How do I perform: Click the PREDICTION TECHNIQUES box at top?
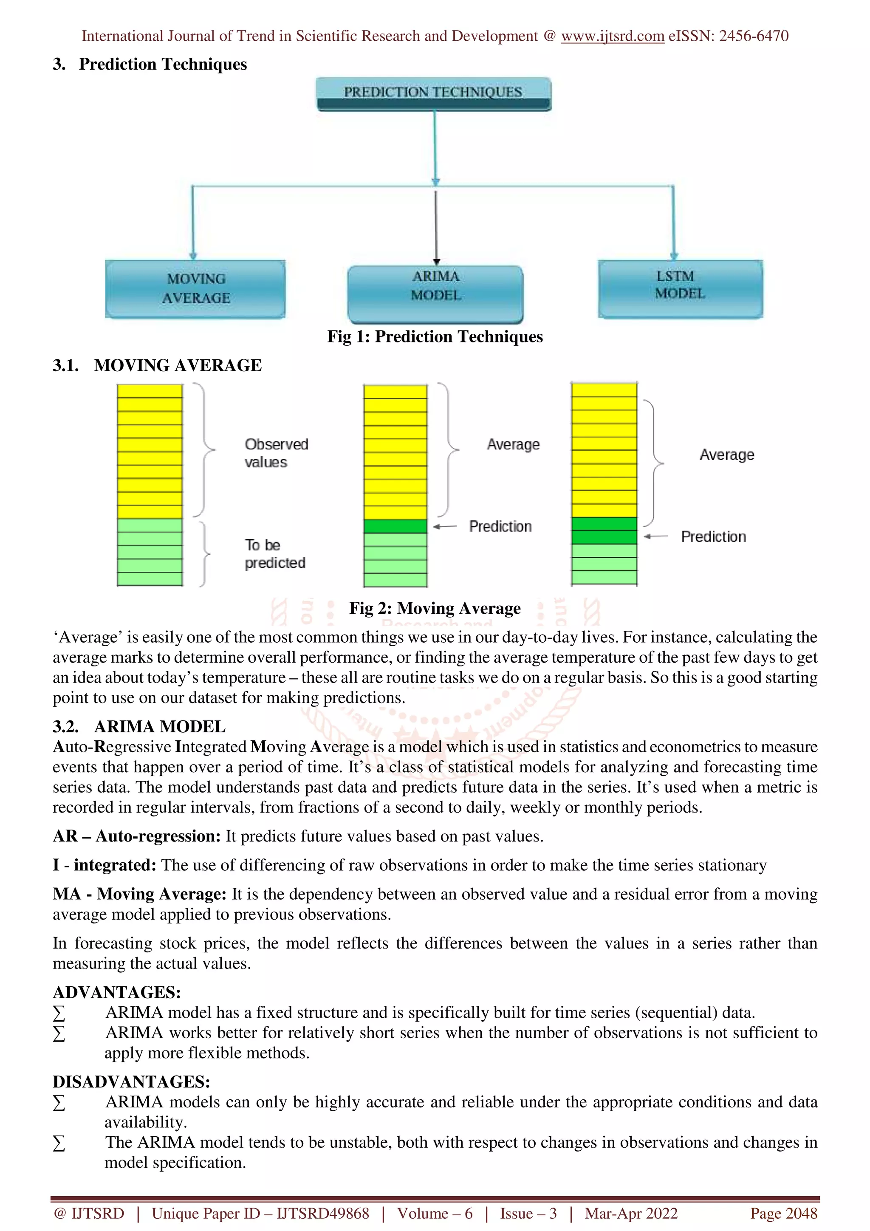[x=433, y=93]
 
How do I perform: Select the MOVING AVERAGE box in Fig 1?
[x=196, y=289]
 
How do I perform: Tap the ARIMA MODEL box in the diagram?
[x=435, y=294]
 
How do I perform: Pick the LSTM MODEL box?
[x=680, y=288]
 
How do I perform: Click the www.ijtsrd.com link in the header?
[x=612, y=36]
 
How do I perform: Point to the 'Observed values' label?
[x=276, y=453]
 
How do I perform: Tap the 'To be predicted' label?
[x=274, y=554]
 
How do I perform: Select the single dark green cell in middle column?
[x=395, y=526]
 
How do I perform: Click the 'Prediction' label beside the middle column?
[x=500, y=526]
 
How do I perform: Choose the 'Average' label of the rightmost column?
[x=726, y=455]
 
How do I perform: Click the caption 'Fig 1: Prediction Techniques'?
[x=435, y=337]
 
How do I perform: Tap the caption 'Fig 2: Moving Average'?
[x=435, y=608]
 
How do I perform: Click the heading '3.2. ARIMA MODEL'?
[x=139, y=726]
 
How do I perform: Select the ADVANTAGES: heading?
[x=116, y=992]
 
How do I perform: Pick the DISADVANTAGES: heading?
[x=131, y=1081]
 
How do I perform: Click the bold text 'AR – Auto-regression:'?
[x=137, y=836]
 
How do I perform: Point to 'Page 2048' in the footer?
[x=783, y=1214]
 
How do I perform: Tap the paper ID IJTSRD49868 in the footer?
[x=323, y=1214]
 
